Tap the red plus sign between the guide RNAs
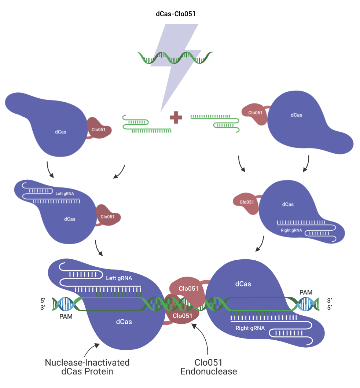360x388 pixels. click(x=176, y=118)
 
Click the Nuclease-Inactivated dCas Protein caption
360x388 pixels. click(x=87, y=367)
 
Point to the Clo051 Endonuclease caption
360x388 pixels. click(x=209, y=367)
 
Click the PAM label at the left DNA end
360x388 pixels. click(x=66, y=316)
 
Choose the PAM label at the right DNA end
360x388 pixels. click(x=306, y=292)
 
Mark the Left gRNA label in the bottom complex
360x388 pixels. click(x=119, y=278)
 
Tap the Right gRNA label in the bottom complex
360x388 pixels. click(x=250, y=328)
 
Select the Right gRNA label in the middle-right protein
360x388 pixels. click(x=291, y=230)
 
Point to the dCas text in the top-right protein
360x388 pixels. click(x=296, y=115)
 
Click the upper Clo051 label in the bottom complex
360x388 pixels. click(x=188, y=289)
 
